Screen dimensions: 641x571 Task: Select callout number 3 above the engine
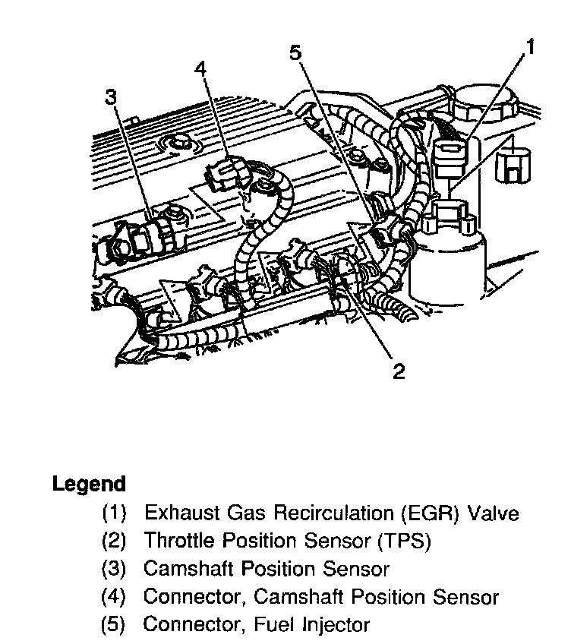click(111, 97)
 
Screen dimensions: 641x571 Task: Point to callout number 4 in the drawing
click(200, 69)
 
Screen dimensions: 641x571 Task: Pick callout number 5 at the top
click(296, 52)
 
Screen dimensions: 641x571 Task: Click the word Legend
click(88, 484)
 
